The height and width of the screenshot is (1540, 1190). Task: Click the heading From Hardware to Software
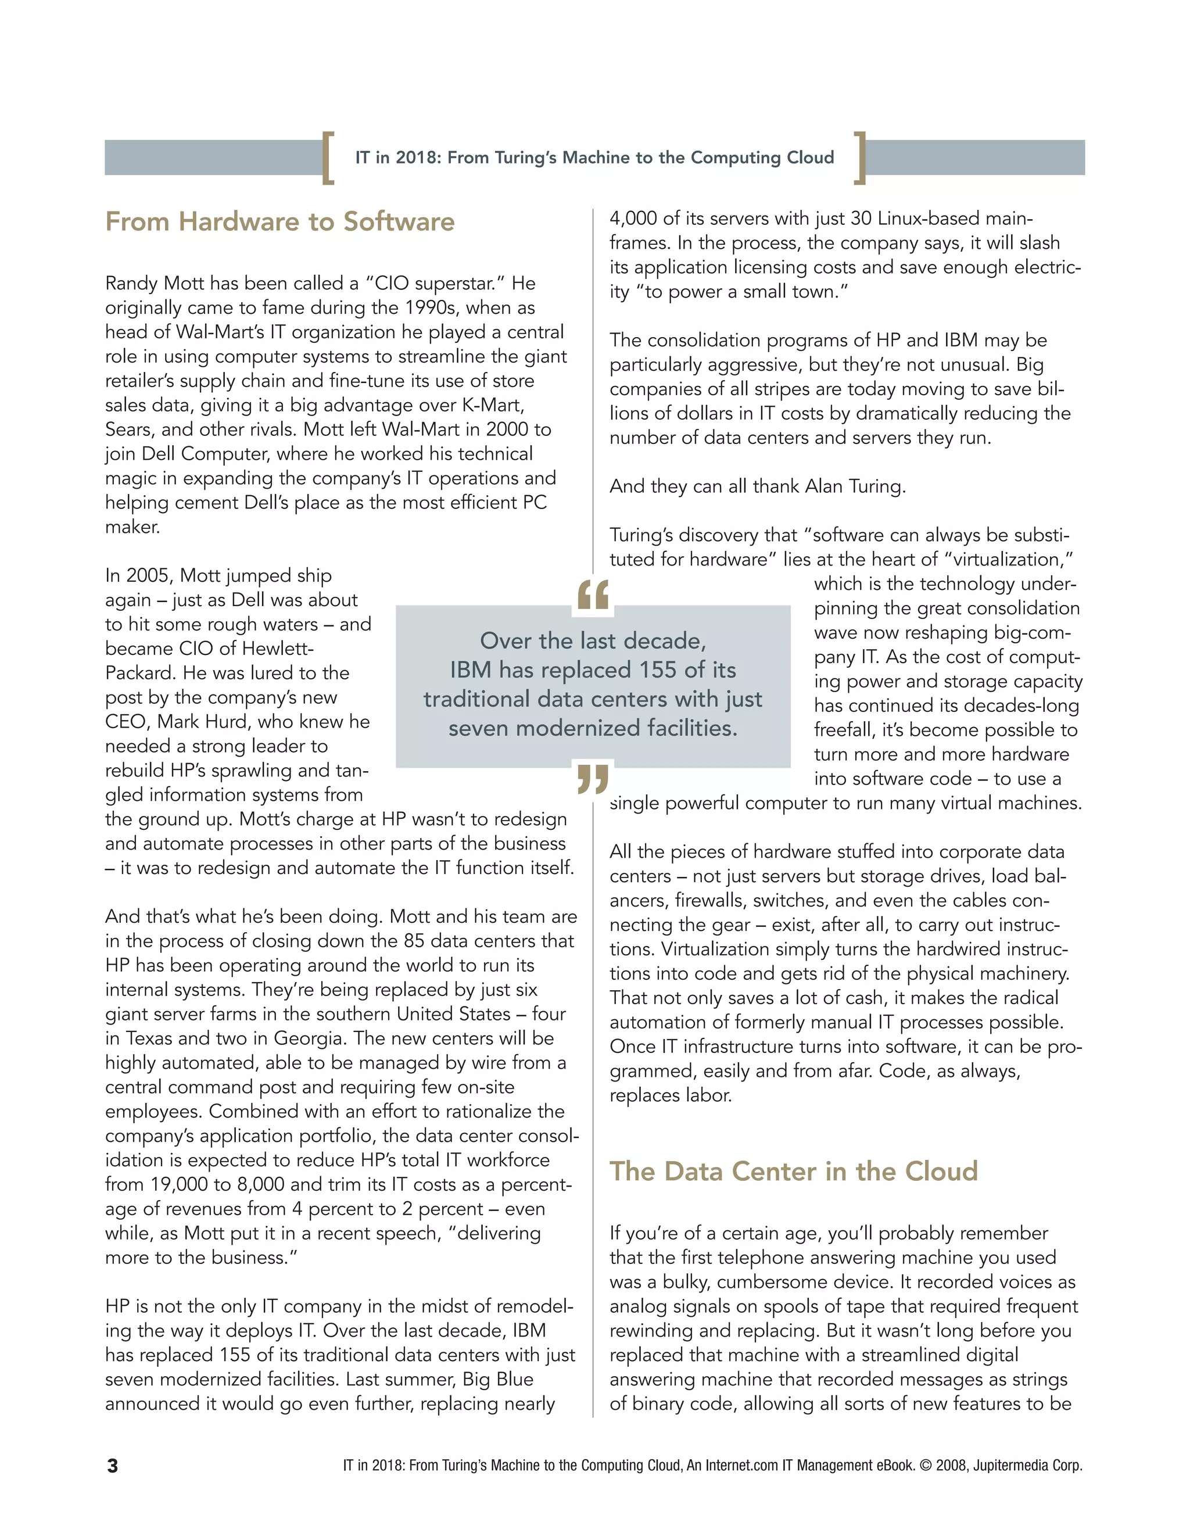pyautogui.click(x=280, y=221)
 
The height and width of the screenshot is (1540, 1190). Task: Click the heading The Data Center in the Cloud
pyautogui.click(x=793, y=1171)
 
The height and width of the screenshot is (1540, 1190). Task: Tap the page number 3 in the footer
pyautogui.click(x=112, y=1466)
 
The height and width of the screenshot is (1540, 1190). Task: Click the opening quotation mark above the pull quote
pyautogui.click(x=593, y=594)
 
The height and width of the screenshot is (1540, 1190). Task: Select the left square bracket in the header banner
pyautogui.click(x=328, y=157)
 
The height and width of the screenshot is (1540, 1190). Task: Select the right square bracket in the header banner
pyautogui.click(x=859, y=157)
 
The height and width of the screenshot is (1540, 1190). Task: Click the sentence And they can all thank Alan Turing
pyautogui.click(x=757, y=486)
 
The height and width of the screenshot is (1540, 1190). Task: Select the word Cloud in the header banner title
pyautogui.click(x=810, y=157)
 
